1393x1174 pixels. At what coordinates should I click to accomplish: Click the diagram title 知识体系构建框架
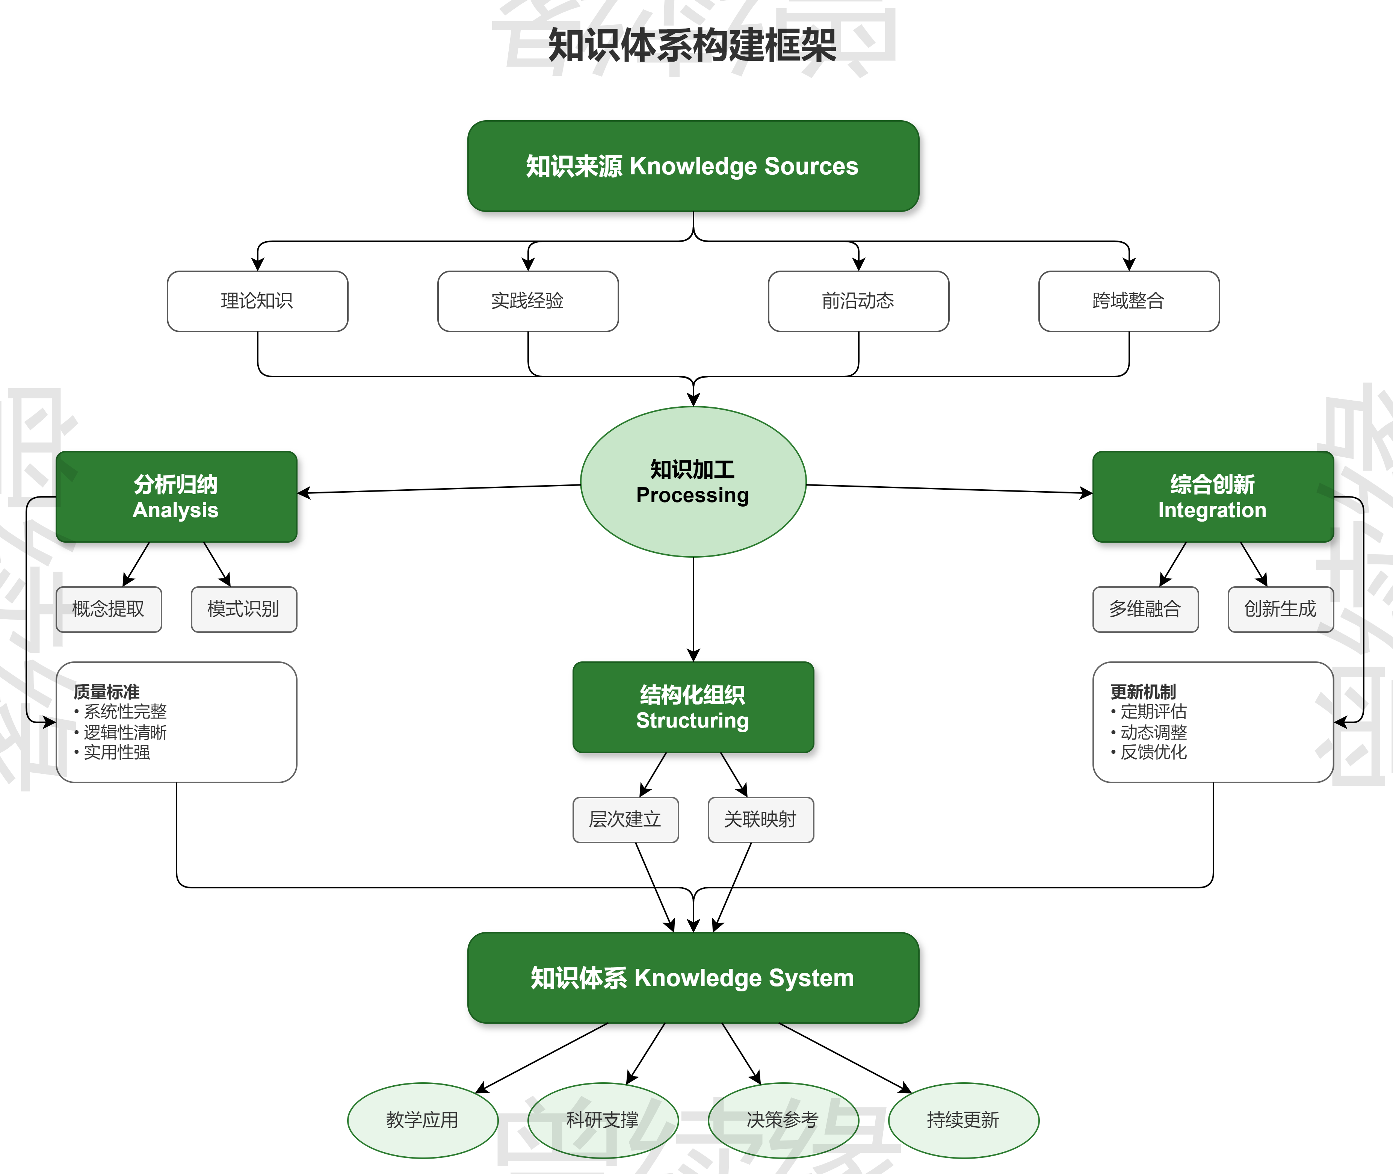[692, 45]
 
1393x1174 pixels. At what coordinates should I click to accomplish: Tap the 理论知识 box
[257, 301]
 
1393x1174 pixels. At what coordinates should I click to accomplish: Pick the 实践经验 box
[527, 301]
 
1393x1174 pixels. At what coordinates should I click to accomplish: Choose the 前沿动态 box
[858, 301]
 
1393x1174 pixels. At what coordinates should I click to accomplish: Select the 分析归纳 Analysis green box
[176, 496]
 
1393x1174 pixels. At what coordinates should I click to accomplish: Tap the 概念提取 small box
[109, 609]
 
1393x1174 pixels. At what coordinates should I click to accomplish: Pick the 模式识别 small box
[243, 609]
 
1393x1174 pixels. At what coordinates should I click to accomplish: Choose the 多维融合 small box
[1145, 609]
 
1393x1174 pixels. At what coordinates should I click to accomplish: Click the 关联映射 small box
[760, 819]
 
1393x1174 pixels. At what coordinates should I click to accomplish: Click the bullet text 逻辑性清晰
[125, 732]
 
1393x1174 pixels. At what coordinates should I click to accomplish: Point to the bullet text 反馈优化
[1154, 752]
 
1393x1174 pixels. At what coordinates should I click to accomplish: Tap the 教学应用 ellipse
[422, 1120]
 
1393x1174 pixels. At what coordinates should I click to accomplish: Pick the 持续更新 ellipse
[963, 1120]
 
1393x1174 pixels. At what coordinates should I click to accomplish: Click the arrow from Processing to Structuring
[693, 609]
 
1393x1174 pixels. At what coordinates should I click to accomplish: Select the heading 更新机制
[1143, 691]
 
